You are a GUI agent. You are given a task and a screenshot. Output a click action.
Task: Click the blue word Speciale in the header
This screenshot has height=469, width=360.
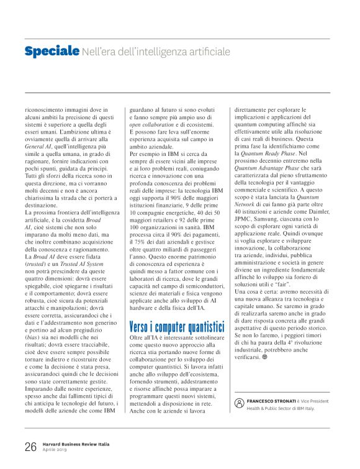52,51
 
